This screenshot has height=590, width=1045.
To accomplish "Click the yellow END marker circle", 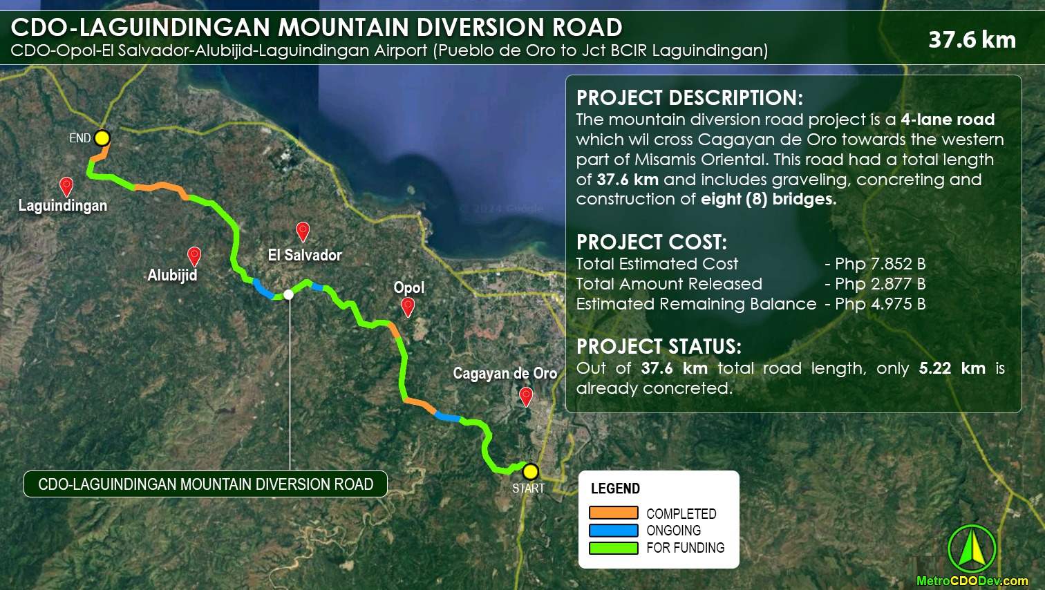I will pos(102,137).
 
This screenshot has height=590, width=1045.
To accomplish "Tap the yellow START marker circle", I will pos(530,472).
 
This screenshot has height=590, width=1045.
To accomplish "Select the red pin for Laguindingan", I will pos(66,186).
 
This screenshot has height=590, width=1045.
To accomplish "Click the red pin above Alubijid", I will pos(194,256).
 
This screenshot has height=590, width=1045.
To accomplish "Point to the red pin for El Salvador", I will pos(303,231).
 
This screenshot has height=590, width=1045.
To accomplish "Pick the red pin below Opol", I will pos(408,306).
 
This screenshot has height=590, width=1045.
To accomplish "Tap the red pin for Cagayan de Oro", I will pos(526,397).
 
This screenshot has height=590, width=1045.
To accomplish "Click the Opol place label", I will pos(409,287).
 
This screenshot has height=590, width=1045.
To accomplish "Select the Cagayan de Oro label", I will pos(505,373).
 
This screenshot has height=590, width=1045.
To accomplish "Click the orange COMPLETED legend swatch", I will pos(613,513).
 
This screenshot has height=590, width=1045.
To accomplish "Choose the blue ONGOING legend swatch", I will pos(613,531).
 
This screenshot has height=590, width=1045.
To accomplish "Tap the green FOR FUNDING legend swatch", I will pos(613,548).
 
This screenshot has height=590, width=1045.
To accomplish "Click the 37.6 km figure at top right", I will pos(972,39).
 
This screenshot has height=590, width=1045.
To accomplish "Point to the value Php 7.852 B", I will pos(880,264).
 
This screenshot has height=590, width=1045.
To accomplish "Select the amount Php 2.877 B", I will pos(880,284).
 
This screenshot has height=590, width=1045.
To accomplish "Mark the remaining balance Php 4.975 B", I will pos(880,304).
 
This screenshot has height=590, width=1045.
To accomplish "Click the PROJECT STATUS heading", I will pos(659,346).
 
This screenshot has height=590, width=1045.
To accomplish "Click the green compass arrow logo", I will pos(972,549).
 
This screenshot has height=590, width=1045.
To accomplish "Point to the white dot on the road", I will pos(289,294).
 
